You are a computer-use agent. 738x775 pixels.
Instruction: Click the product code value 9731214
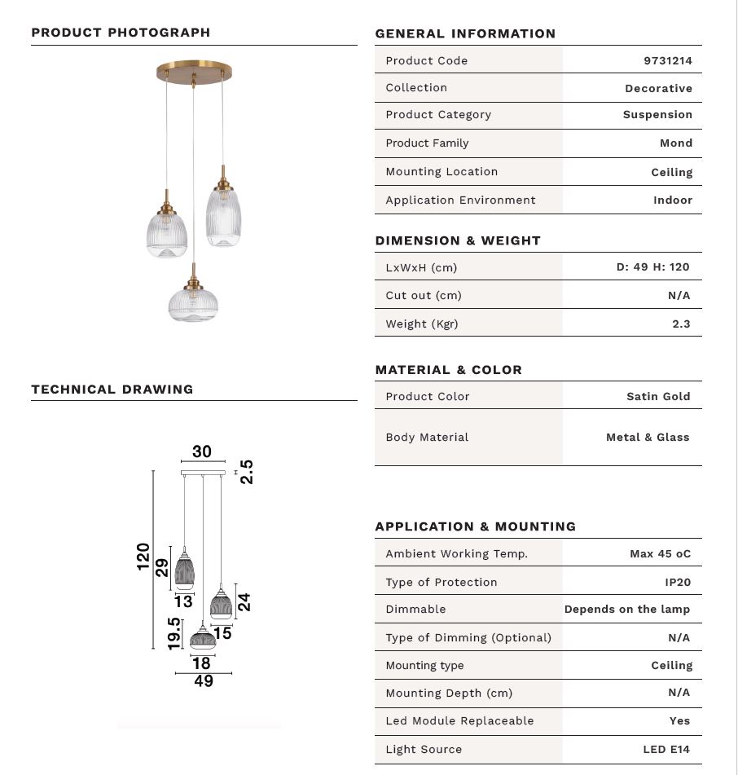point(667,60)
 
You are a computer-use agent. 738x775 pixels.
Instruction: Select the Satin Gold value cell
point(658,397)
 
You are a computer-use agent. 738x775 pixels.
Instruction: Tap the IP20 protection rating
point(678,583)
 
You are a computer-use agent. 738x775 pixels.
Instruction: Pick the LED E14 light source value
point(666,750)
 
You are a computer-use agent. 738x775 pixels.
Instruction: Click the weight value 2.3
point(681,324)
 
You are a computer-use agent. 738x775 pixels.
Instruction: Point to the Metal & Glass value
point(648,438)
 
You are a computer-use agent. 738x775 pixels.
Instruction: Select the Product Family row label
point(427,143)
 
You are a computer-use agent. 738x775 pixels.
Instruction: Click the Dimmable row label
point(415,610)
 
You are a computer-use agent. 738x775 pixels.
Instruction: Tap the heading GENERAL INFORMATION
point(465,34)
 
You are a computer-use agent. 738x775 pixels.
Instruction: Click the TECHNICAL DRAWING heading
point(112,390)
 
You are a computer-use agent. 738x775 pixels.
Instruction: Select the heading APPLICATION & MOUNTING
point(475,526)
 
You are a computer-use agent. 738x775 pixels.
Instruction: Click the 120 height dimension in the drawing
point(143,557)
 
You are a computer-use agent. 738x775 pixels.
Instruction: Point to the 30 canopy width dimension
point(202,451)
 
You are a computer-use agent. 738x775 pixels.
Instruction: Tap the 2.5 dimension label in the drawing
point(247,472)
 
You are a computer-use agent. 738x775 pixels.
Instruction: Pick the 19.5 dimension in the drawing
point(174,633)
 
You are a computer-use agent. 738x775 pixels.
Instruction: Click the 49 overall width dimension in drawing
point(204,681)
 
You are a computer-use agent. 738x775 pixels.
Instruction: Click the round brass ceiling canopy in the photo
point(194,72)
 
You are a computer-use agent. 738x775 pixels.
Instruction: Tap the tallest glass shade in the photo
point(223,216)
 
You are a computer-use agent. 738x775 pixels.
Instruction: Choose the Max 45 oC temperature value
point(660,554)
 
